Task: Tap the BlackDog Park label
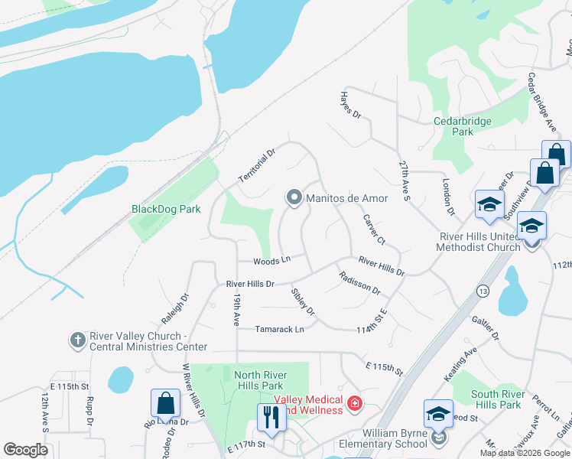coord(166,208)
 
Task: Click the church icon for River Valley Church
coord(77,340)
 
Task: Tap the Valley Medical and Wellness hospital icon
coord(354,402)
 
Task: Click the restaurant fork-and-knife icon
coord(270,417)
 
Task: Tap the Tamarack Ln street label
coord(279,329)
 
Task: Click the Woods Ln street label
coord(272,261)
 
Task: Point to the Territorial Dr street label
coord(255,165)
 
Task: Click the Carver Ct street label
coord(374,229)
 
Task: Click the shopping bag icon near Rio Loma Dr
coord(165,402)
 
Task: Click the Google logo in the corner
coord(25,450)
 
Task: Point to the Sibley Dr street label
coord(303,301)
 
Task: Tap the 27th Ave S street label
coord(405,181)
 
